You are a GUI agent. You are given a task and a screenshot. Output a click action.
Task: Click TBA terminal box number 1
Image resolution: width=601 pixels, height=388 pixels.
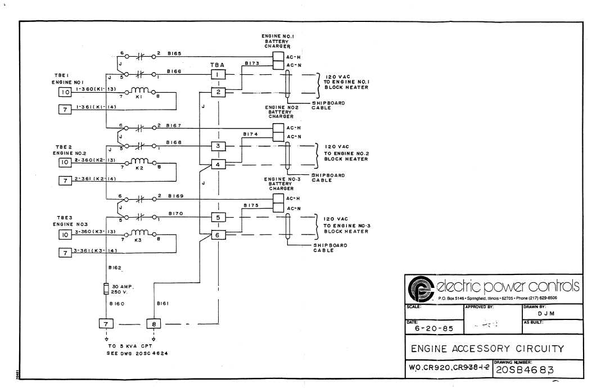tap(218, 74)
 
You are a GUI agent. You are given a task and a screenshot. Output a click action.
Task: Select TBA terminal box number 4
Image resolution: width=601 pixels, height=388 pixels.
tap(218, 164)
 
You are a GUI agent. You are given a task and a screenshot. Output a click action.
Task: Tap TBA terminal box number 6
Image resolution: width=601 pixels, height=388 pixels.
tap(218, 235)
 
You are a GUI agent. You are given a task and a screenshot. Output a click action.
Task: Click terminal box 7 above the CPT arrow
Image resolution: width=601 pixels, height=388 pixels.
tap(106, 323)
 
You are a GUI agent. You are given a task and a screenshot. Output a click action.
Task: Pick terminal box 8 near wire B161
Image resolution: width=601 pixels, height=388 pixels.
tap(154, 323)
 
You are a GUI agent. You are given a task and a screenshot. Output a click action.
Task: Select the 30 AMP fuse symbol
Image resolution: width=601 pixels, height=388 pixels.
tap(106, 289)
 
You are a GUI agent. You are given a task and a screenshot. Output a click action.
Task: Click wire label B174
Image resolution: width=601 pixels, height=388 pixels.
tap(250, 134)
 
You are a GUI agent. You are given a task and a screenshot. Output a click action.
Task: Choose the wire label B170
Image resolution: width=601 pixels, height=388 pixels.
tap(177, 214)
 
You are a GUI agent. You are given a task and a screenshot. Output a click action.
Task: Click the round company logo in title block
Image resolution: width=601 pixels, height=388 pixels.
tap(419, 288)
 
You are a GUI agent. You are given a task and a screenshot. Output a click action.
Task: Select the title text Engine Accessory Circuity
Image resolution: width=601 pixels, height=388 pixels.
tap(487, 349)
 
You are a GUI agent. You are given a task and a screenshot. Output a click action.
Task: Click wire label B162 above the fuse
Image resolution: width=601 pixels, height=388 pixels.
tap(114, 269)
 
